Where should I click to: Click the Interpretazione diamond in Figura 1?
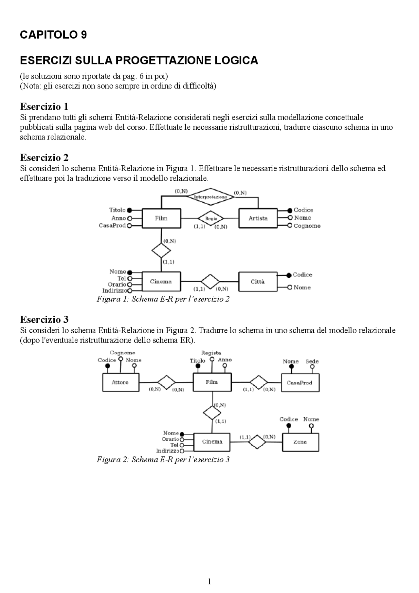click(x=211, y=197)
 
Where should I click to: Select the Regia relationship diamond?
click(x=211, y=218)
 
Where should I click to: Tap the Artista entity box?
click(x=258, y=218)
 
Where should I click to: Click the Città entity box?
click(x=258, y=282)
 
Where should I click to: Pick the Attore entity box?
click(x=120, y=382)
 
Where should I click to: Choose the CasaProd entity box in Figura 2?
click(x=300, y=383)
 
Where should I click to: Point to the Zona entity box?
click(x=300, y=442)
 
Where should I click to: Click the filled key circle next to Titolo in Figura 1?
click(x=130, y=210)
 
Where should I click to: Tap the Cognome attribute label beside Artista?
click(x=307, y=226)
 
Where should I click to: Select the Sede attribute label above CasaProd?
click(x=312, y=361)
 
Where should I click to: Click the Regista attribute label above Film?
click(x=211, y=353)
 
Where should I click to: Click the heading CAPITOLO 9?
click(x=53, y=35)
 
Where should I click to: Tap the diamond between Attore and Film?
click(x=166, y=382)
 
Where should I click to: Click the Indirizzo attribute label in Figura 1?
click(x=115, y=291)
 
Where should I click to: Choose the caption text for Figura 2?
click(x=163, y=459)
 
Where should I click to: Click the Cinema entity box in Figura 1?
click(x=161, y=282)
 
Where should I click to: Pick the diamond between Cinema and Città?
click(x=210, y=282)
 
